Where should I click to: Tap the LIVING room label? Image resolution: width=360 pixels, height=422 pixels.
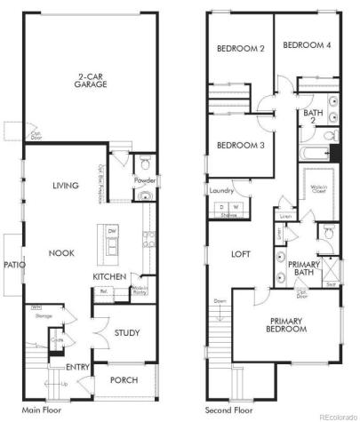point(65,185)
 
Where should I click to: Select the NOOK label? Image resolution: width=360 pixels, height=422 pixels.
point(62,252)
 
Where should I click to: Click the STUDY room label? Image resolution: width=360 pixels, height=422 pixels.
point(126,333)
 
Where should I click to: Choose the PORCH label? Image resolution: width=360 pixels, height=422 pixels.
point(124,380)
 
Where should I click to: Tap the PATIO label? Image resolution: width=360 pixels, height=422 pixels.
point(12,264)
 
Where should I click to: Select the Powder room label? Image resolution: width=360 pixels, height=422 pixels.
point(145,181)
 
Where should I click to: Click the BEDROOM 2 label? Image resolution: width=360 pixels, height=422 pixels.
point(240,49)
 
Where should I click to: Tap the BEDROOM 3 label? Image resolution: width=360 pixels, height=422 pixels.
point(239,145)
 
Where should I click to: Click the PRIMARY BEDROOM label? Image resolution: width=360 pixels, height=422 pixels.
point(284,324)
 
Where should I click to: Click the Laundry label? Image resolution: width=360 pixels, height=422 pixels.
point(221,190)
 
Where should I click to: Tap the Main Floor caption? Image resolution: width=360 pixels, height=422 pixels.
point(42,410)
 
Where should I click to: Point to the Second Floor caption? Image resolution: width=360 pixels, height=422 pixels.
point(228,410)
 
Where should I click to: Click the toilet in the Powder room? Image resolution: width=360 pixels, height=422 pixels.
point(146,165)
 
